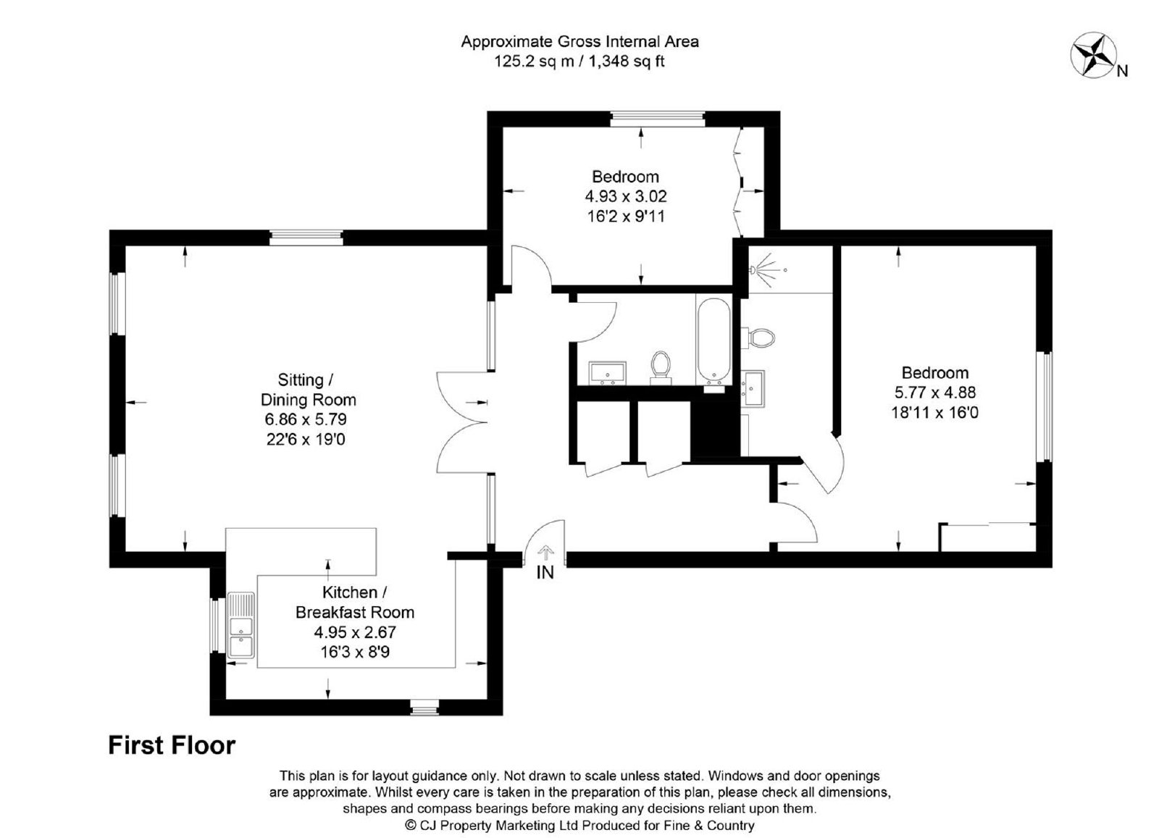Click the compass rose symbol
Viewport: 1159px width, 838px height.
pos(1093,55)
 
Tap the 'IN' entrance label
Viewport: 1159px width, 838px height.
pos(545,573)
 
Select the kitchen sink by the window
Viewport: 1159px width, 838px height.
pos(241,625)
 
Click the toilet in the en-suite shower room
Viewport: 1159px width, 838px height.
pos(759,338)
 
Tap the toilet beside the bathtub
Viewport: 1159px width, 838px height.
pos(660,366)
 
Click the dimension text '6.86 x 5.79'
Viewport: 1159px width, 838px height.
pos(306,419)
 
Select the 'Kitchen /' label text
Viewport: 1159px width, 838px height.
pos(355,592)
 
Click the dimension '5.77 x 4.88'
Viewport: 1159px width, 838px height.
pos(935,392)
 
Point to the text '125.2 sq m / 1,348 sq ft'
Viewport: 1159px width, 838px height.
pos(579,61)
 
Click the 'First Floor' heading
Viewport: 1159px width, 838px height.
pos(172,745)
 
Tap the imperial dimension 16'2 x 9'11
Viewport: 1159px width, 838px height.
pos(626,216)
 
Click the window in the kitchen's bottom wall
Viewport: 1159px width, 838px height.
pos(424,707)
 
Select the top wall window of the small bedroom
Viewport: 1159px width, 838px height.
pos(658,119)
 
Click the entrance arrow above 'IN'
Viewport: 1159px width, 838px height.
pos(545,553)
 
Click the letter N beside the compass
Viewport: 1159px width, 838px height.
pos(1122,72)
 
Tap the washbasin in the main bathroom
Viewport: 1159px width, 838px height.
pos(608,372)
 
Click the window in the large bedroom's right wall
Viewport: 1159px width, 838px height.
pos(1044,406)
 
